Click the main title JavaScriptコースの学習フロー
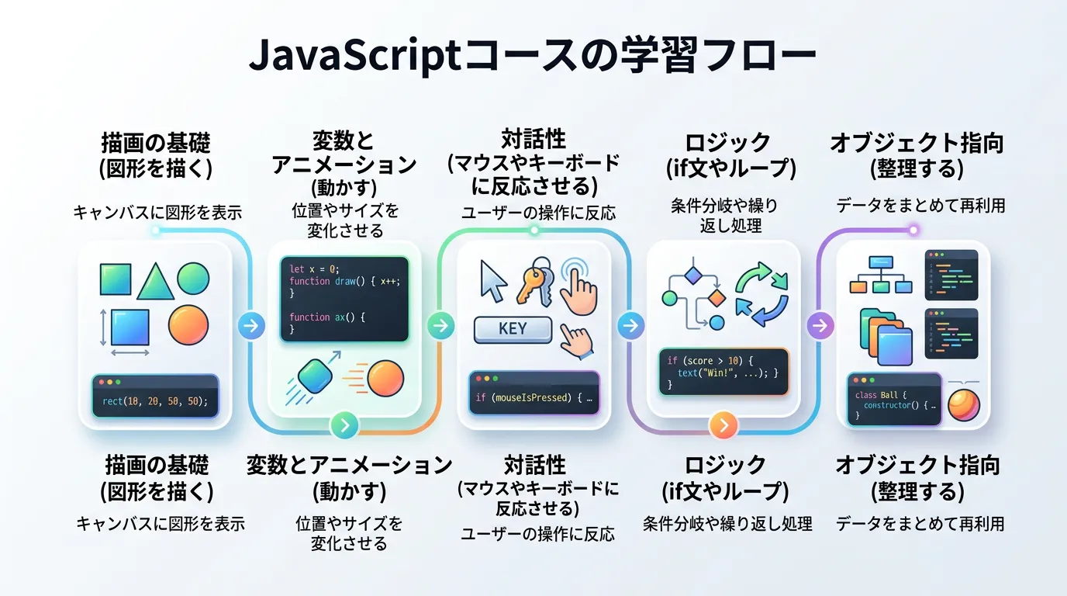[x=533, y=57]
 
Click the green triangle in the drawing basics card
[x=154, y=282]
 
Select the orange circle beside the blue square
[x=188, y=325]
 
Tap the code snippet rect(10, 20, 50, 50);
[x=155, y=401]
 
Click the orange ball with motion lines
[x=385, y=379]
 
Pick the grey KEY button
[x=513, y=329]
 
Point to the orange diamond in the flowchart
[x=716, y=298]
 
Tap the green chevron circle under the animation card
[x=344, y=424]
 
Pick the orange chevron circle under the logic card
[x=723, y=424]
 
